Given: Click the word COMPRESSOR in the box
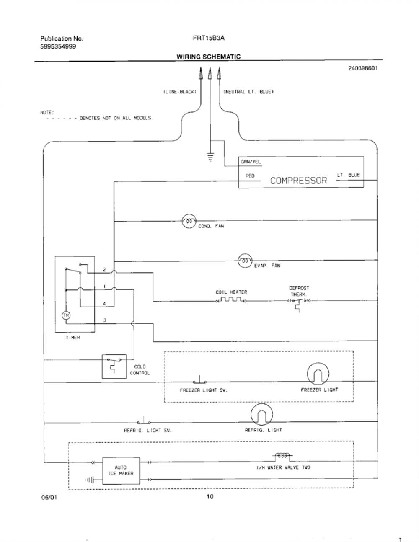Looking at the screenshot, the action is pos(298,180).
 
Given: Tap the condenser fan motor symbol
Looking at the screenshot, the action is pos(189,221).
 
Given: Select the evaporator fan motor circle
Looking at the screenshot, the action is pos(245,261).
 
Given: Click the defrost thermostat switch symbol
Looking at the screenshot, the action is pos(299,304).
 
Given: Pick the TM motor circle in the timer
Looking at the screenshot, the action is pos(66,315).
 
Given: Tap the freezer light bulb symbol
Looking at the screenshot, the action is pos(318,374).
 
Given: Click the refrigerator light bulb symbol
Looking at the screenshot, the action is pos(261,414).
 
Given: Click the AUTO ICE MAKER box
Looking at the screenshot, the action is pos(121,471).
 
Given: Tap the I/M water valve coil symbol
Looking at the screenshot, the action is pos(282,455).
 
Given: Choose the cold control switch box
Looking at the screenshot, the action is pos(114,366).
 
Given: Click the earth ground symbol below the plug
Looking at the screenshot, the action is pos(210,156).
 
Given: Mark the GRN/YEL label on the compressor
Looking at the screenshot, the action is pos(251,162).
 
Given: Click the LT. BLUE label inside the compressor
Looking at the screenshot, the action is pos(348,175).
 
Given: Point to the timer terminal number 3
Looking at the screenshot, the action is pos(104,320).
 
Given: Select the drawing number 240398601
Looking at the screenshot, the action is pos(363,68).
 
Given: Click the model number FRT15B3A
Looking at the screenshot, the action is pos(209,38).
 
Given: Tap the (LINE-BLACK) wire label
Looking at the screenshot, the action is pos(180,92).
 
